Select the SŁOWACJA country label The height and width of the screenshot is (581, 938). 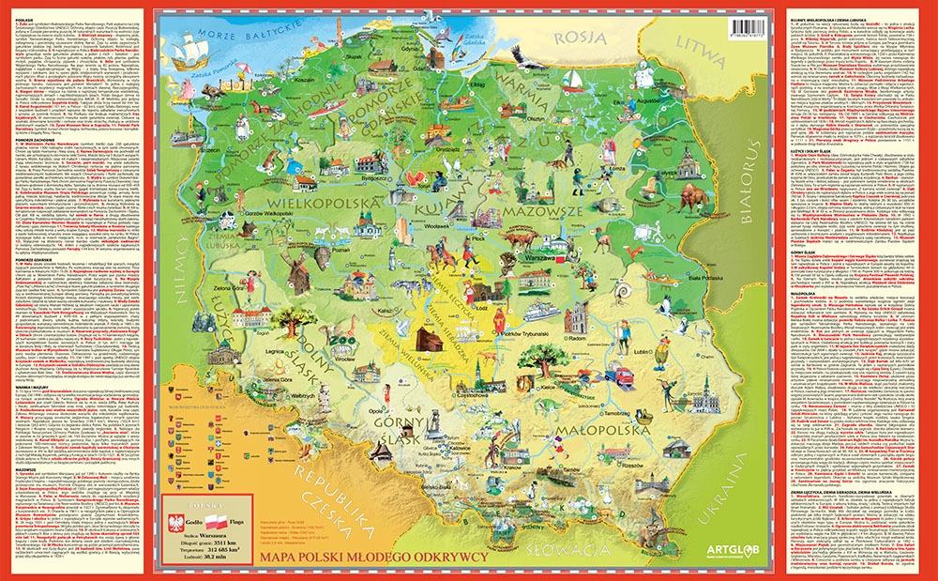[x=563, y=547]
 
